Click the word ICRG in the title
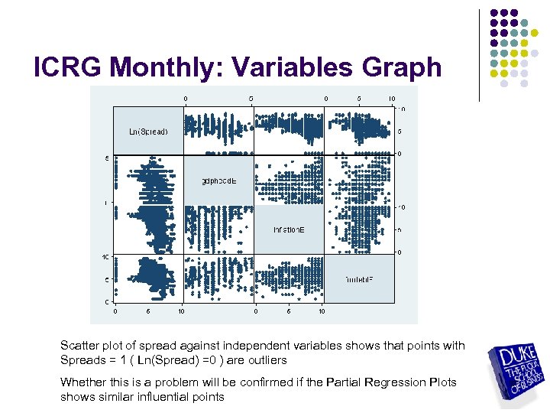click(x=67, y=67)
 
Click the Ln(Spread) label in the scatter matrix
click(x=148, y=131)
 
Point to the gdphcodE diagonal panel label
click(x=218, y=180)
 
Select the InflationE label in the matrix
click(x=289, y=229)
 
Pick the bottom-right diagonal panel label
click(x=359, y=278)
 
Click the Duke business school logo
click(x=517, y=372)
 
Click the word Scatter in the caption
click(x=79, y=346)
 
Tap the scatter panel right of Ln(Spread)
click(x=218, y=131)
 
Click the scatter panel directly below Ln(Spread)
click(x=148, y=180)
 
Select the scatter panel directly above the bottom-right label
click(x=359, y=229)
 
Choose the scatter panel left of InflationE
click(x=218, y=229)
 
